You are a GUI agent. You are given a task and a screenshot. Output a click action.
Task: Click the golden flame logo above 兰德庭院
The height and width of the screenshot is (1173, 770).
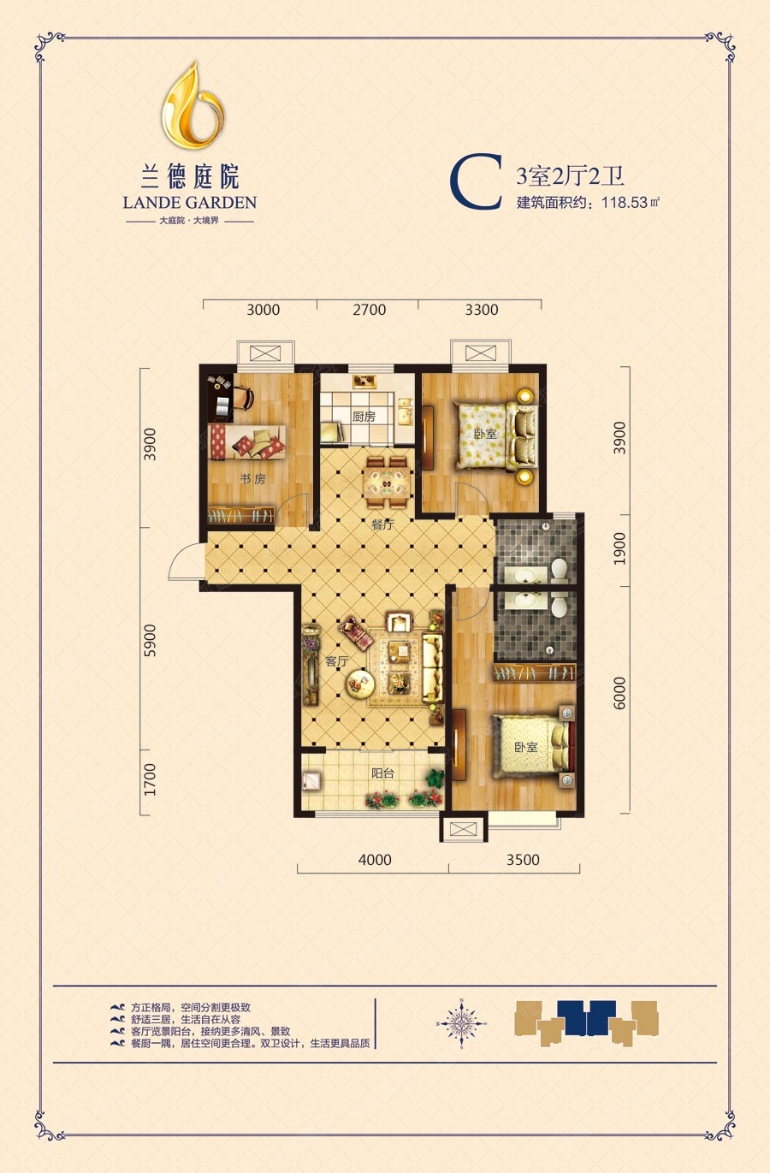point(192,104)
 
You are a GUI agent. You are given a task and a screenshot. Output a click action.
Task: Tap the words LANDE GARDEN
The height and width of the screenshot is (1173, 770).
point(190,203)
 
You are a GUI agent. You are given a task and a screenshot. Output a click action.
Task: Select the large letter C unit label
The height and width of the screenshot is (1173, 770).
point(476,182)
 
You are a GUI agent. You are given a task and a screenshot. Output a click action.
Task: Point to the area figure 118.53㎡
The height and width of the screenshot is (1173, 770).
point(631,202)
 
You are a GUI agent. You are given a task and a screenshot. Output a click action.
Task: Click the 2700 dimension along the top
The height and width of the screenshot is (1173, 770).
point(370,310)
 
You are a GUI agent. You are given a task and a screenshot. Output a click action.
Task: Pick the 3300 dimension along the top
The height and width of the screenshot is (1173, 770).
point(482,310)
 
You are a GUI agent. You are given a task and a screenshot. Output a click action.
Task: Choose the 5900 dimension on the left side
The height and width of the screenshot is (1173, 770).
point(150,640)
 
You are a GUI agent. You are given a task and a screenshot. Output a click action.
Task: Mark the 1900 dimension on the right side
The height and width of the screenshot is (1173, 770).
point(619,548)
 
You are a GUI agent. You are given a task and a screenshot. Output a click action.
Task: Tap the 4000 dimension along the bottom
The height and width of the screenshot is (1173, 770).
point(375,860)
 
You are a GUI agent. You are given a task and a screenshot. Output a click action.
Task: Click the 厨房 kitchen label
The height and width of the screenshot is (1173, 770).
point(364,417)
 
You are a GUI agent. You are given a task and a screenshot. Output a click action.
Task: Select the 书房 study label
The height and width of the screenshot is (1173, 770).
point(252,478)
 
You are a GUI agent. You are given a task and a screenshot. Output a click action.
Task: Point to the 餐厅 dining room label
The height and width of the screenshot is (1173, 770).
point(382,524)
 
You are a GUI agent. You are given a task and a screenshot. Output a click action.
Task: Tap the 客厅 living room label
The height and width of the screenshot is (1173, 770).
point(336,661)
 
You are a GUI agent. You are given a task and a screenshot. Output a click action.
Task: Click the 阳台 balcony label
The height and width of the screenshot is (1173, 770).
point(382,773)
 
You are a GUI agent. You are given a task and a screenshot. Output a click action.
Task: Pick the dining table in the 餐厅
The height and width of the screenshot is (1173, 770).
point(387,483)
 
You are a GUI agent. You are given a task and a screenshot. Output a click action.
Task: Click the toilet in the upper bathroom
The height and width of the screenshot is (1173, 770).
point(559,571)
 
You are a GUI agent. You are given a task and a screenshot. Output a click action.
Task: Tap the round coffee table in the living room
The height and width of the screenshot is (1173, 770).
point(360,684)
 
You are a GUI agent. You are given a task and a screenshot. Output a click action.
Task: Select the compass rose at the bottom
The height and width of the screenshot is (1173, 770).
point(461,1022)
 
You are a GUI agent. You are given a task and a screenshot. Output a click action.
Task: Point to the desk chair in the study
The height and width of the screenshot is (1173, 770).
point(242,398)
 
